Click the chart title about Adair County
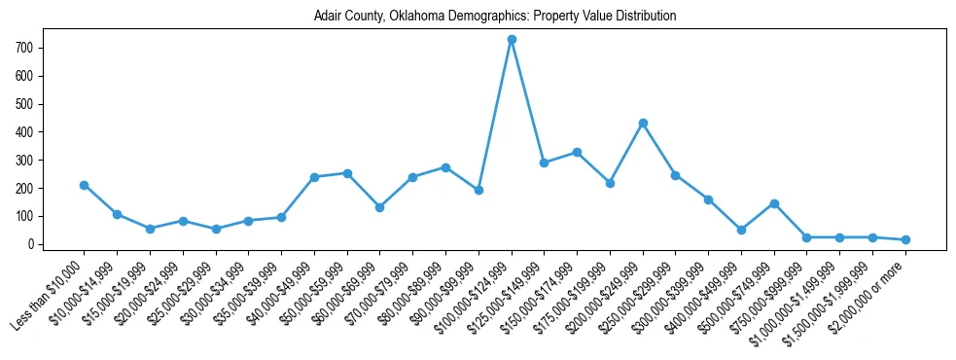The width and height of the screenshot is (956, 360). coord(495,17)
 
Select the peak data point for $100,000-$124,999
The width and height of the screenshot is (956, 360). coord(512,40)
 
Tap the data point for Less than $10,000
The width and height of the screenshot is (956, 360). coord(85,185)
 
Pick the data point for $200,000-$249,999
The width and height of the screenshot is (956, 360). coord(643,124)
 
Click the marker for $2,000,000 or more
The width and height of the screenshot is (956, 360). coord(905,239)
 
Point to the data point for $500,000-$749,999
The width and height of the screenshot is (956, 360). coord(774,203)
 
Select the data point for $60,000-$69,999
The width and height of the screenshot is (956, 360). coord(380,207)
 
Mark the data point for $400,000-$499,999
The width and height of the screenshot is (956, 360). coord(741,230)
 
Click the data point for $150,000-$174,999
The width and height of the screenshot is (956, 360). coord(577,153)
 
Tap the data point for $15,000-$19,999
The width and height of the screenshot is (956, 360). coord(150,229)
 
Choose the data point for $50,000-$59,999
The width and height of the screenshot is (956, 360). coord(347,173)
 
